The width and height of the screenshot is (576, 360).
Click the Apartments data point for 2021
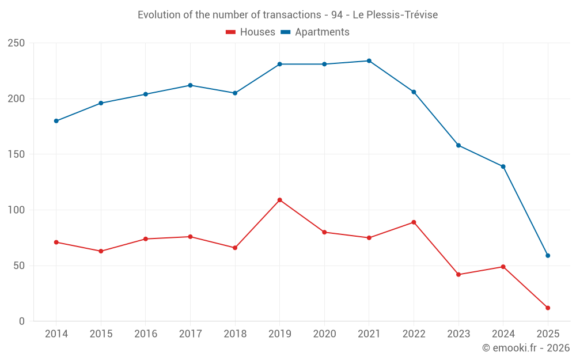369,61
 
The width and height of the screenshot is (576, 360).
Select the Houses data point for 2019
280,200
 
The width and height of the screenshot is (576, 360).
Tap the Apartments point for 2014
56,121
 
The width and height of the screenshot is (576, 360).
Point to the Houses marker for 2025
548,308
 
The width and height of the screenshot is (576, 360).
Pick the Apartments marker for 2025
548,256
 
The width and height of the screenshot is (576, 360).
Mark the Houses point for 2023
458,275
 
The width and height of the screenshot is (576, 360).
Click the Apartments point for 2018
235,93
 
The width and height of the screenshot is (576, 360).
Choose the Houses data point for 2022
414,222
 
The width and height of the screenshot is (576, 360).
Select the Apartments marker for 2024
503,166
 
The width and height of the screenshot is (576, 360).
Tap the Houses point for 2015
101,251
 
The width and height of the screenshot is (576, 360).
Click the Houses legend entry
251,32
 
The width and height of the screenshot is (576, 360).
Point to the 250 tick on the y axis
16,43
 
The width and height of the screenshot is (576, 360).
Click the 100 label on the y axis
16,210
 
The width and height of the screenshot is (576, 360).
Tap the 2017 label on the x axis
190,334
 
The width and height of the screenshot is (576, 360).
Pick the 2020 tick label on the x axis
324,334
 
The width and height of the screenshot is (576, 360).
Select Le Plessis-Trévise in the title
399,15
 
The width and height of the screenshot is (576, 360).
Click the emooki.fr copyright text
526,348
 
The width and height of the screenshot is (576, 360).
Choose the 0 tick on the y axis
22,321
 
